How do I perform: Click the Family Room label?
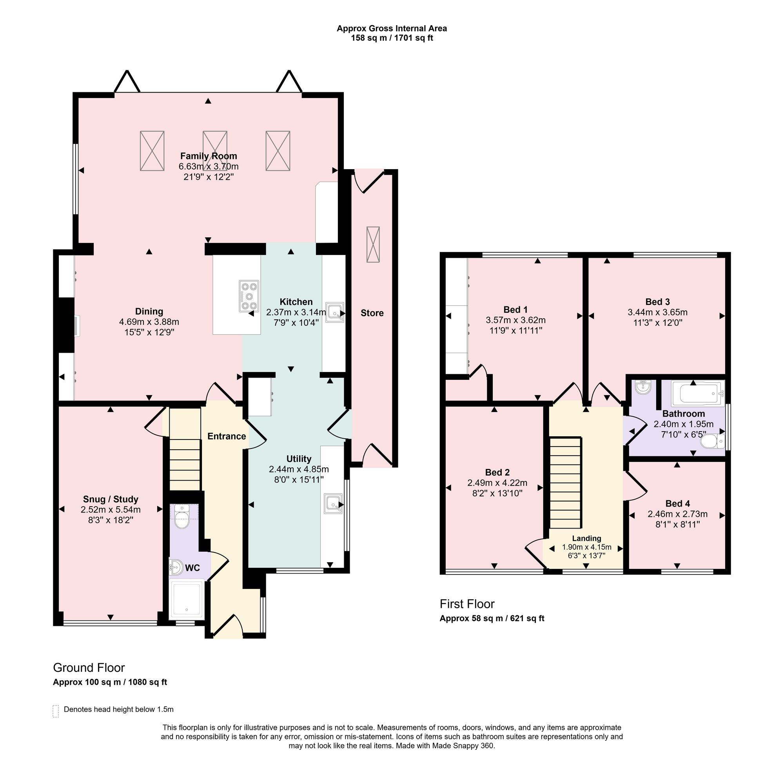(x=209, y=156)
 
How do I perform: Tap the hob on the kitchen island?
(x=249, y=296)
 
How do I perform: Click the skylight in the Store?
(x=373, y=245)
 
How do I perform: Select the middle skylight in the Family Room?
(x=215, y=151)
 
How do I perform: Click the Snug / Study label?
(x=111, y=499)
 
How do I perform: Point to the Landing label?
(x=586, y=538)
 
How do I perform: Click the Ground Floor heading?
(x=89, y=667)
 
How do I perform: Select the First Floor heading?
(x=467, y=604)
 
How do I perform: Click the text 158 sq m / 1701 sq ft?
(x=392, y=38)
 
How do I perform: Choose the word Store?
(x=372, y=313)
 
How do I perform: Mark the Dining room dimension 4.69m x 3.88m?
(x=149, y=322)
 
